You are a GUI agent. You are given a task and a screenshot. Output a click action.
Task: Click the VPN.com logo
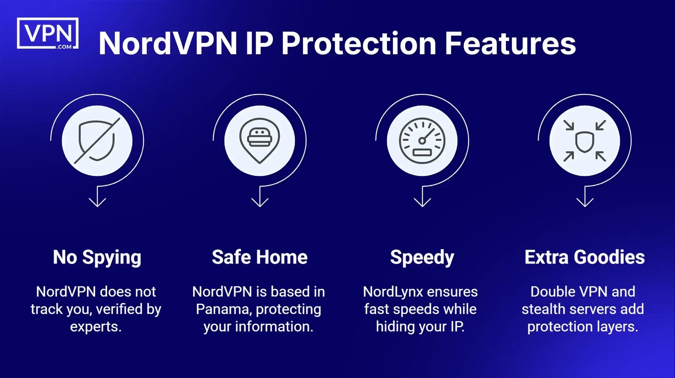[48, 33]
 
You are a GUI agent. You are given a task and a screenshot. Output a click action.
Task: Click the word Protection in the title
[359, 44]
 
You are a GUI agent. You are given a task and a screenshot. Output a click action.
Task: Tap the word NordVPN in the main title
[167, 44]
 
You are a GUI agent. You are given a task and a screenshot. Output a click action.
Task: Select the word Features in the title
[510, 44]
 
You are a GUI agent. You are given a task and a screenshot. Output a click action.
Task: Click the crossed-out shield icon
[97, 141]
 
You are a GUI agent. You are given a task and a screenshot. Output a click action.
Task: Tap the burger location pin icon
[260, 141]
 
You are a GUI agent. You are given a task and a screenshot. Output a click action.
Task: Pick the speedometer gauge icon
[422, 141]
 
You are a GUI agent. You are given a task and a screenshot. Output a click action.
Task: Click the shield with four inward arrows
[584, 141]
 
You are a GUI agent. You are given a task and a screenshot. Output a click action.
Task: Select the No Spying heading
[97, 257]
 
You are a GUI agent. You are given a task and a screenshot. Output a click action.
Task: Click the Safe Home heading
[260, 257]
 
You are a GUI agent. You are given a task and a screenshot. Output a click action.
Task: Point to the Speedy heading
[422, 257]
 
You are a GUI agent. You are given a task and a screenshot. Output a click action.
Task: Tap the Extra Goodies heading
[584, 257]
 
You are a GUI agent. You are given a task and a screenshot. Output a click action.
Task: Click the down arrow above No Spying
[97, 199]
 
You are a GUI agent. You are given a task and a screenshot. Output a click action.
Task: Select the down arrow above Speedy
[422, 199]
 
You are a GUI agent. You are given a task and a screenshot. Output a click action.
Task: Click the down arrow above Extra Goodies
[585, 199]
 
